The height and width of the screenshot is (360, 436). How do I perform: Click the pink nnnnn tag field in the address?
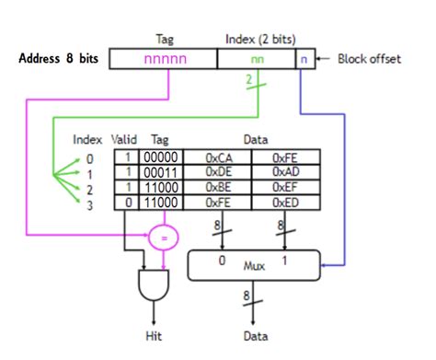coord(163,59)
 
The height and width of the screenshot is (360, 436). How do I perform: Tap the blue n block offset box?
coord(302,59)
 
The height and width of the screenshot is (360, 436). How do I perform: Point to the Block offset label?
coord(369,59)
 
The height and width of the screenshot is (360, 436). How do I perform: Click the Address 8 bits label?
coord(60,59)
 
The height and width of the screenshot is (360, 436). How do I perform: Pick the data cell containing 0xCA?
coord(218,158)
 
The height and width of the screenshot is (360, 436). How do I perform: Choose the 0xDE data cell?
coord(218,172)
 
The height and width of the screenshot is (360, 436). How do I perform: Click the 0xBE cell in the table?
coord(218,186)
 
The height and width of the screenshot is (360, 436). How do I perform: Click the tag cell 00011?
coord(160,172)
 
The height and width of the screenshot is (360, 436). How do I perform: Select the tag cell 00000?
coord(160,158)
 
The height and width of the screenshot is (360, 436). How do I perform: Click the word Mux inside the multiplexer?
coord(254,266)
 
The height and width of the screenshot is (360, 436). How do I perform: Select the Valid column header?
coord(124,140)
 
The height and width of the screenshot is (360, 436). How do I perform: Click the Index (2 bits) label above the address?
coord(260,39)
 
